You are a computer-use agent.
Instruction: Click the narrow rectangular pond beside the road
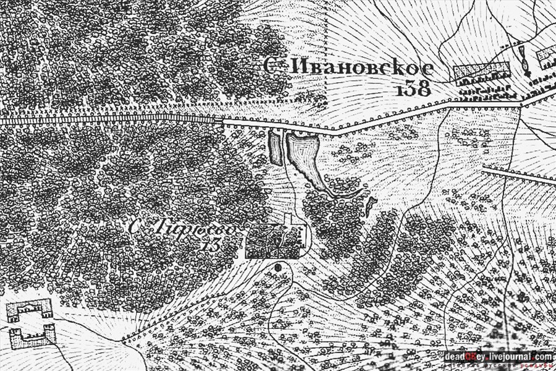pyautogui.click(x=276, y=148)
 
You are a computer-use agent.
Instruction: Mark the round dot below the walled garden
pyautogui.click(x=278, y=267)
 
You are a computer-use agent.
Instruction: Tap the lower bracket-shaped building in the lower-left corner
pyautogui.click(x=32, y=336)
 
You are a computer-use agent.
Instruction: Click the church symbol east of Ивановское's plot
pyautogui.click(x=526, y=62)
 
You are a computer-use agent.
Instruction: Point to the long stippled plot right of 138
pyautogui.click(x=481, y=73)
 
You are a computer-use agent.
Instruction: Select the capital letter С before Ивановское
pyautogui.click(x=269, y=66)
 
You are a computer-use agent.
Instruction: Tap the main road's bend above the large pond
pyautogui.click(x=334, y=132)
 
